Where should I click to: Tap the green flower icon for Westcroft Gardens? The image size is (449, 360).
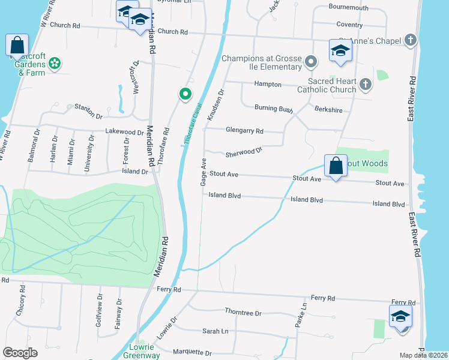(x=55, y=63)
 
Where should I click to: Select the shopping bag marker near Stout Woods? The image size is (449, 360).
(x=336, y=165)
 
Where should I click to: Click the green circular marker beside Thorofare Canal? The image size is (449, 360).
(x=185, y=93)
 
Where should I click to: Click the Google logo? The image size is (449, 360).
(x=20, y=352)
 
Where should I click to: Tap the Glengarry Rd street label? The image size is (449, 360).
(x=244, y=130)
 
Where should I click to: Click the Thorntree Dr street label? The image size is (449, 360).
(x=243, y=313)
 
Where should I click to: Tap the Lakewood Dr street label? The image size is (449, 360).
(x=124, y=131)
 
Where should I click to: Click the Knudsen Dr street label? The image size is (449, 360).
(x=215, y=105)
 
